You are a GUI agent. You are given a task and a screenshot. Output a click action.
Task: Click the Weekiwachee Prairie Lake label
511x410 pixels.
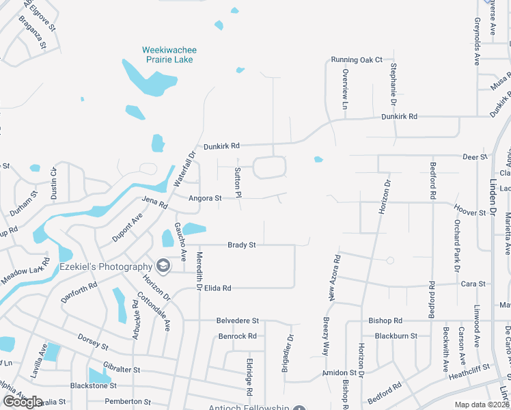click(x=167, y=55)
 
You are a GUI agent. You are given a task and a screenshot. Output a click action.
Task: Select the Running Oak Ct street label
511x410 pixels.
click(x=357, y=60)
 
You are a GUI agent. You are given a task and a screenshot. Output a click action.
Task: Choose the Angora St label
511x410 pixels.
click(x=205, y=198)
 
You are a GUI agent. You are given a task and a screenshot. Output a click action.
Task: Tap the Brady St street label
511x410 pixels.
click(x=241, y=245)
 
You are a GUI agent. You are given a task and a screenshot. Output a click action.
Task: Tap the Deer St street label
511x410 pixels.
click(x=474, y=156)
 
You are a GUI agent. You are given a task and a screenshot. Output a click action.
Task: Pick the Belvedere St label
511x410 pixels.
click(x=238, y=320)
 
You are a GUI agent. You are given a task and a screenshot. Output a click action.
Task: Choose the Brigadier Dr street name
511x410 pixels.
click(x=288, y=353)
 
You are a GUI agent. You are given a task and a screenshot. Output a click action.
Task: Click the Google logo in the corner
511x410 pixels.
click(x=23, y=402)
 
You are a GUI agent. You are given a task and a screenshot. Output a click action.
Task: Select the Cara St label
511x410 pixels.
click(x=473, y=284)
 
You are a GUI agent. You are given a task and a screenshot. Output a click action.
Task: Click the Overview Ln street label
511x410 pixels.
click(x=345, y=90)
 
